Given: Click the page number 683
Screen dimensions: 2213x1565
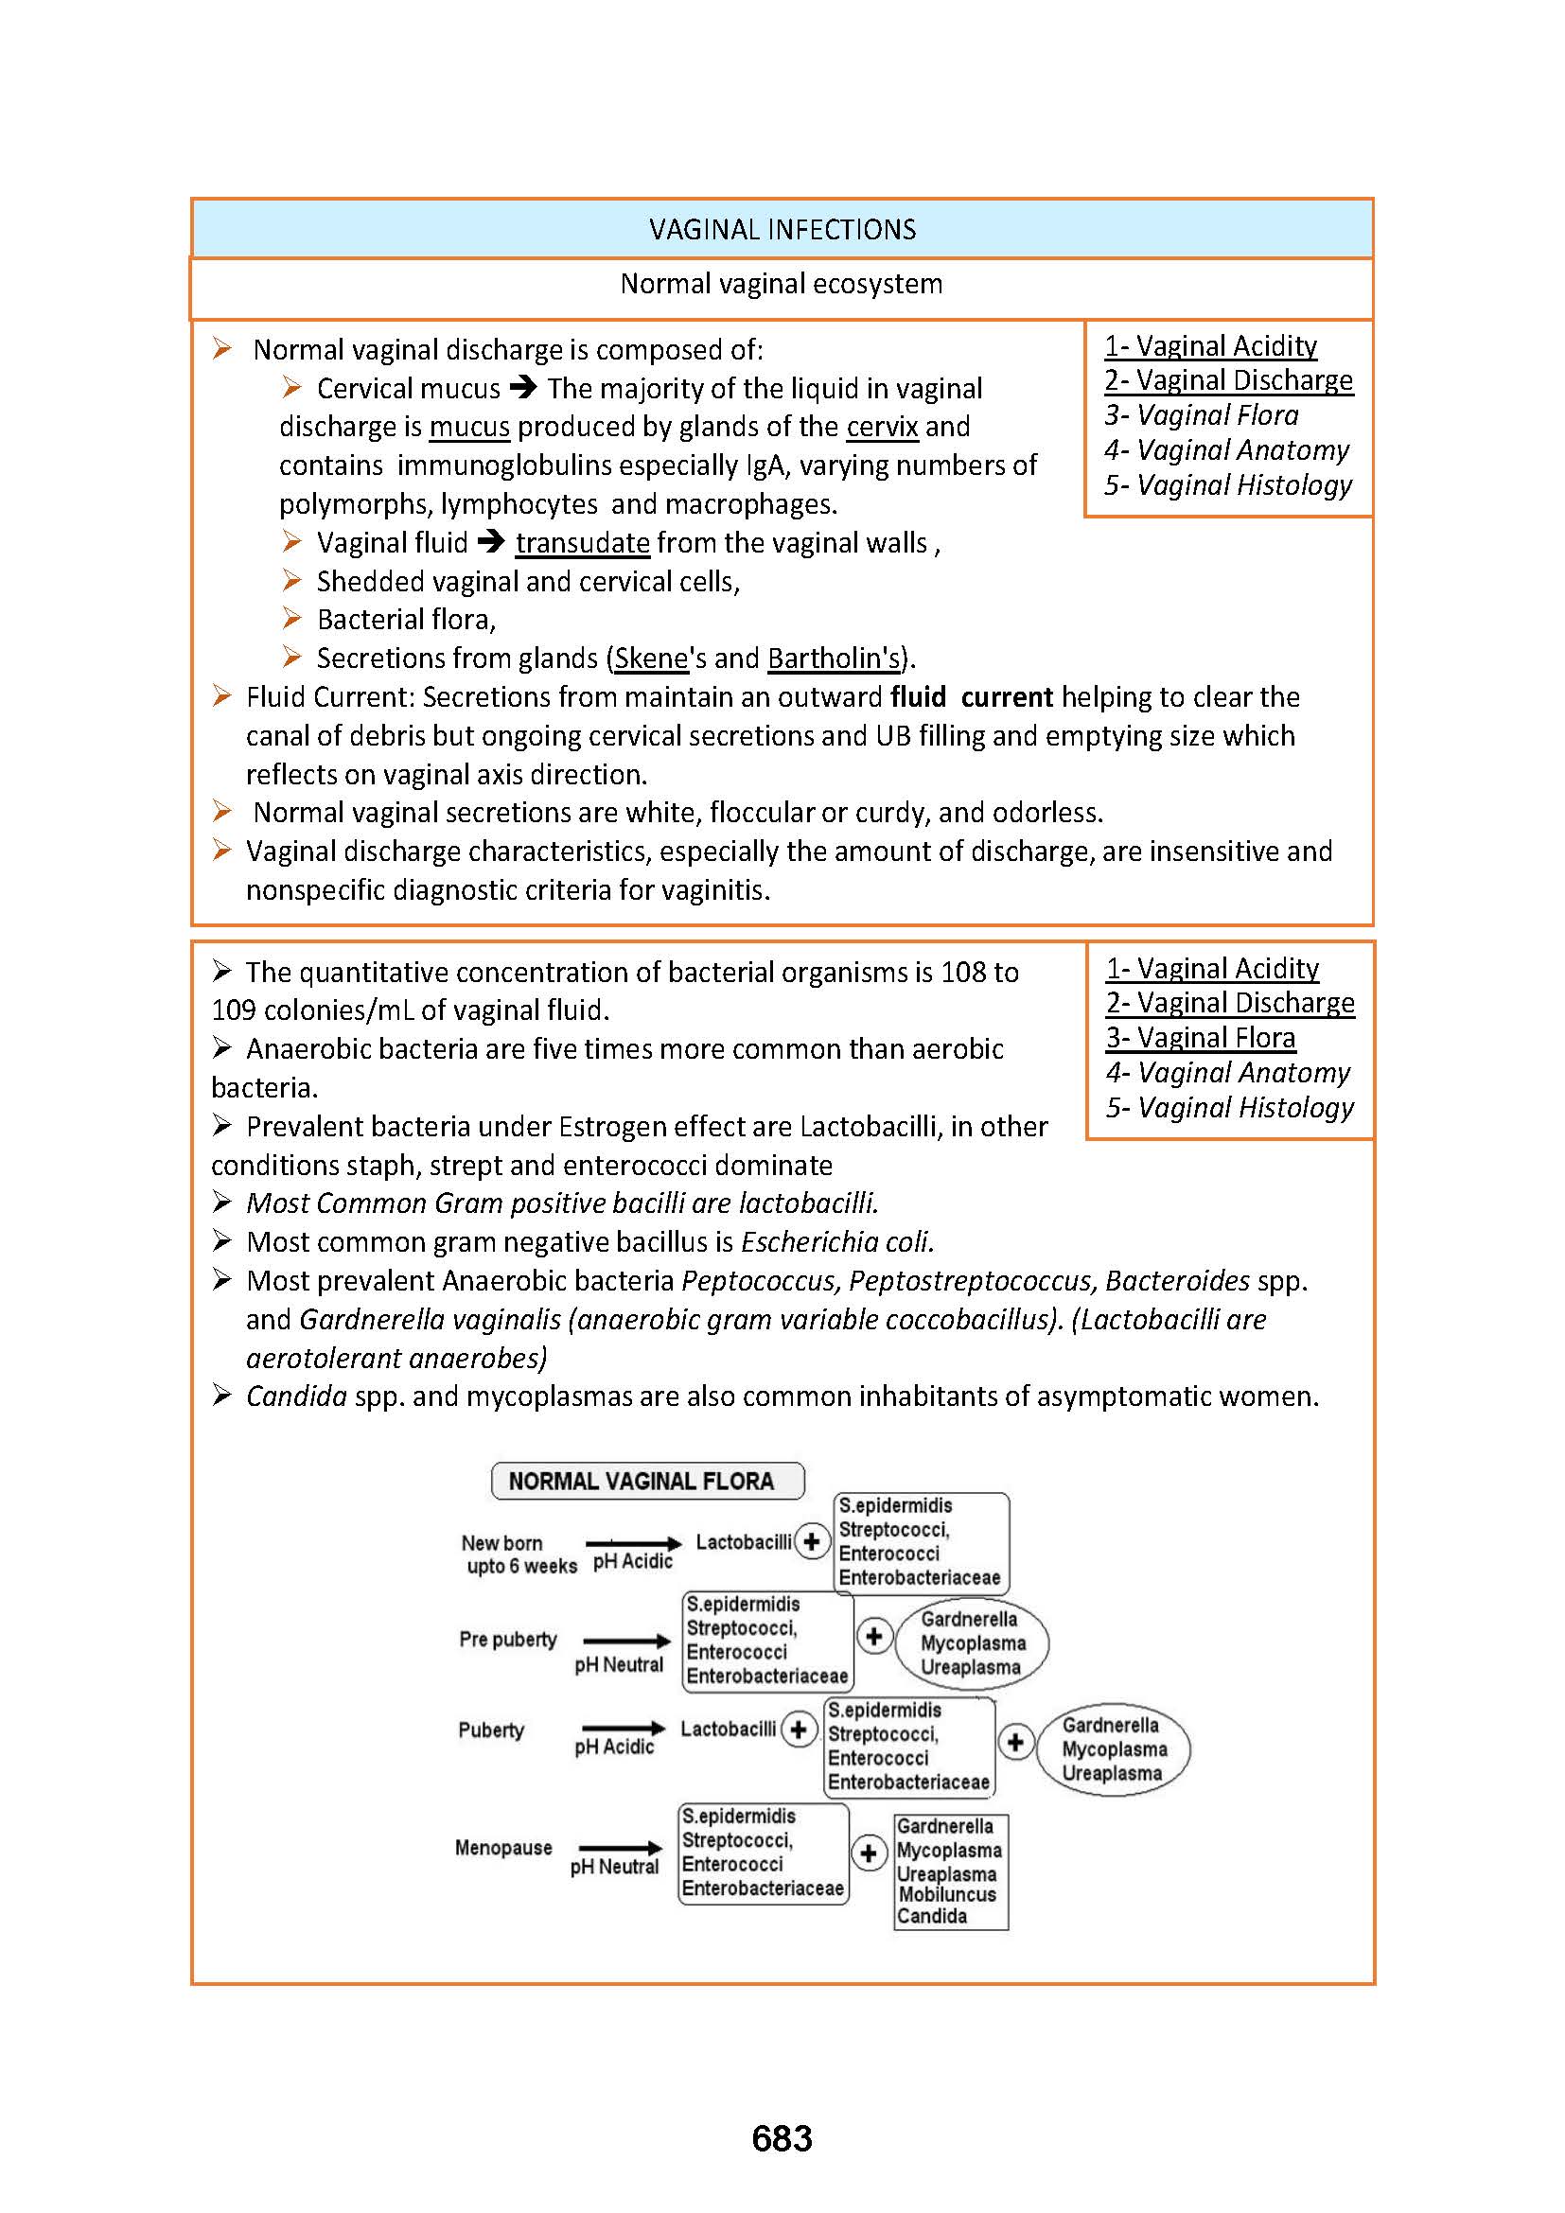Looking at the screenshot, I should coord(782,2138).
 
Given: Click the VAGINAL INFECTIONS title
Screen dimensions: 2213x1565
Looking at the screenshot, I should coord(782,229).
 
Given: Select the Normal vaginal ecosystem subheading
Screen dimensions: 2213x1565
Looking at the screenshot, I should coord(782,285).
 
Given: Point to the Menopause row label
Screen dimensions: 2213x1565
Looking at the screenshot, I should coord(503,1847).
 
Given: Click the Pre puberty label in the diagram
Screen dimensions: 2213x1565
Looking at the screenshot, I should coord(508,1639).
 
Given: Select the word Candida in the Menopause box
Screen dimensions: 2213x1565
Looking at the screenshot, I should coord(932,1915).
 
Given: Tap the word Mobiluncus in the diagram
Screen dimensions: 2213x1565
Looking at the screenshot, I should coord(947,1893).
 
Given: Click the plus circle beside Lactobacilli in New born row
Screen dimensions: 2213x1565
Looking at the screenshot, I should coord(813,1541).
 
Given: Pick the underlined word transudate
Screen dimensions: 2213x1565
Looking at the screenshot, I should coord(582,543).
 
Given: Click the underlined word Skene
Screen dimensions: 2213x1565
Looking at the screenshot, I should coord(651,659).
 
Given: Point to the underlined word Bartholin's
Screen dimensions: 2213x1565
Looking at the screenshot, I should coord(835,659).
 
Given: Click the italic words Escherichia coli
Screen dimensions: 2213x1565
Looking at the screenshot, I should coord(836,1241).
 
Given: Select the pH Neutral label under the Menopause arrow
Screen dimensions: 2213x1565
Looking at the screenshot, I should coord(614,1866).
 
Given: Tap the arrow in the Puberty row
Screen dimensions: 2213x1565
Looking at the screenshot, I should coord(624,1728).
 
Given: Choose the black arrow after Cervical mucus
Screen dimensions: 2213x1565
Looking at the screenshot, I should coord(523,388).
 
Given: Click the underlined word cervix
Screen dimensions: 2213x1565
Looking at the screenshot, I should coord(882,427).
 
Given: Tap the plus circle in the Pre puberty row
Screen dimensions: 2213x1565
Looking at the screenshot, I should coord(874,1636).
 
